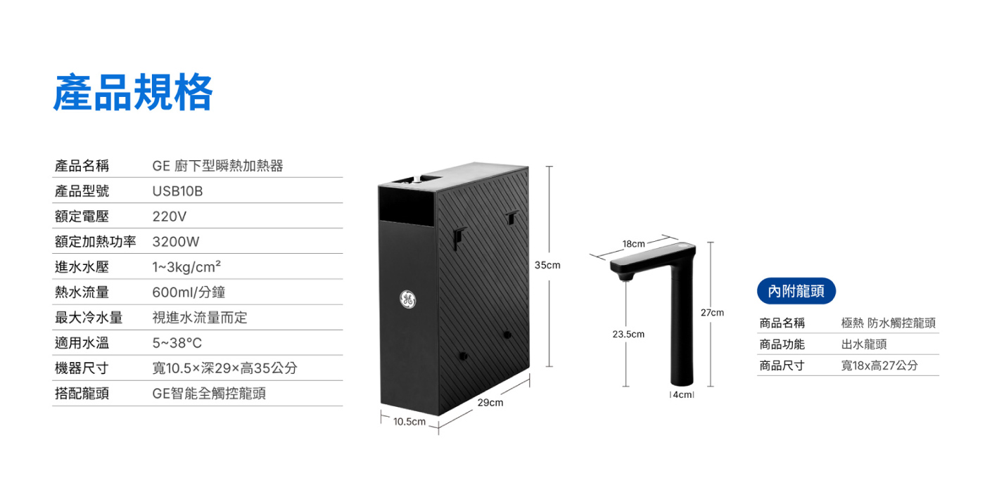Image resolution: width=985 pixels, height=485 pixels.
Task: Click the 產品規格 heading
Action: tap(133, 93)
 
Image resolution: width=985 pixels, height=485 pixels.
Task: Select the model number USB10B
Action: tap(177, 191)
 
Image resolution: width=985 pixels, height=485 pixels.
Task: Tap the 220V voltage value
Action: tap(170, 216)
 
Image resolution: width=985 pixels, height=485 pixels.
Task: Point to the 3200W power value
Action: tap(176, 242)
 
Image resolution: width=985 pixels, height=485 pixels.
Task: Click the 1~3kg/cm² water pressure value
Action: tap(186, 266)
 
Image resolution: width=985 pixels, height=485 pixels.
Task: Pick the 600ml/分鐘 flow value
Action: tap(189, 292)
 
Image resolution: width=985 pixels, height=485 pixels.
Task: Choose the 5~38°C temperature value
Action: tap(177, 343)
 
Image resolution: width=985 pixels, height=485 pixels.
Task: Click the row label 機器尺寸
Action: tap(82, 368)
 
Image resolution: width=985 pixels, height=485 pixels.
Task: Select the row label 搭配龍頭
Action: tap(82, 393)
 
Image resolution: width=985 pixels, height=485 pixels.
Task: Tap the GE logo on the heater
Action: tap(407, 299)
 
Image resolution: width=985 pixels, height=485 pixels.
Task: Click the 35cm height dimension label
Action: tap(547, 266)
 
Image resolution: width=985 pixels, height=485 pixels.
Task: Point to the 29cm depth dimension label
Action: tap(490, 403)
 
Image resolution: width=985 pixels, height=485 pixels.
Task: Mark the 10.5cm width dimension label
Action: tap(409, 422)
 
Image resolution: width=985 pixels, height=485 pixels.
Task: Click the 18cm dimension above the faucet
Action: tap(634, 244)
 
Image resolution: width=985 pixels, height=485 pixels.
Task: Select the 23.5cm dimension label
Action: tap(628, 335)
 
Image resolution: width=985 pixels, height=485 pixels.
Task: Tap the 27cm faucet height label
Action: tap(712, 313)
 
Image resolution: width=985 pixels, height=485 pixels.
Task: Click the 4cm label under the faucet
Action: tap(682, 394)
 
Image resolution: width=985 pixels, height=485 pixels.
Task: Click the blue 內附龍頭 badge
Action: tap(796, 291)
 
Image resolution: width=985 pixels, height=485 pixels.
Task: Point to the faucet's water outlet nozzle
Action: tap(625, 276)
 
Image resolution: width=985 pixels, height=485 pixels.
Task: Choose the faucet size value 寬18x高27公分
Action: tap(879, 366)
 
